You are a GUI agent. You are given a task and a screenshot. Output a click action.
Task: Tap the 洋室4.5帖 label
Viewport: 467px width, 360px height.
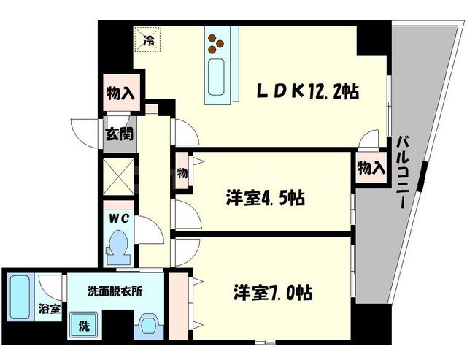tap(263, 198)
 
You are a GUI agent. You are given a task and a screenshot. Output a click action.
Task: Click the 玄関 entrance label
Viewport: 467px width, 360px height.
tap(117, 134)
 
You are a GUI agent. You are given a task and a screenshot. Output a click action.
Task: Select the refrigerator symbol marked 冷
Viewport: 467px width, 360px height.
tap(149, 40)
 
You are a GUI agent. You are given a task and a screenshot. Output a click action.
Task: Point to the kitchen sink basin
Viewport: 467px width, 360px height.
tap(217, 77)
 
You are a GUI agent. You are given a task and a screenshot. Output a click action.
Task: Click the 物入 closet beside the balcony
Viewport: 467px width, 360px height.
tap(371, 167)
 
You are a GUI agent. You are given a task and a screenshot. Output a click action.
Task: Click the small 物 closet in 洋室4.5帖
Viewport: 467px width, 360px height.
tap(182, 173)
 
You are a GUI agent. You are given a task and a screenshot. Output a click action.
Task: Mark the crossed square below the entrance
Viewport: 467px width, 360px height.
tap(118, 176)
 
